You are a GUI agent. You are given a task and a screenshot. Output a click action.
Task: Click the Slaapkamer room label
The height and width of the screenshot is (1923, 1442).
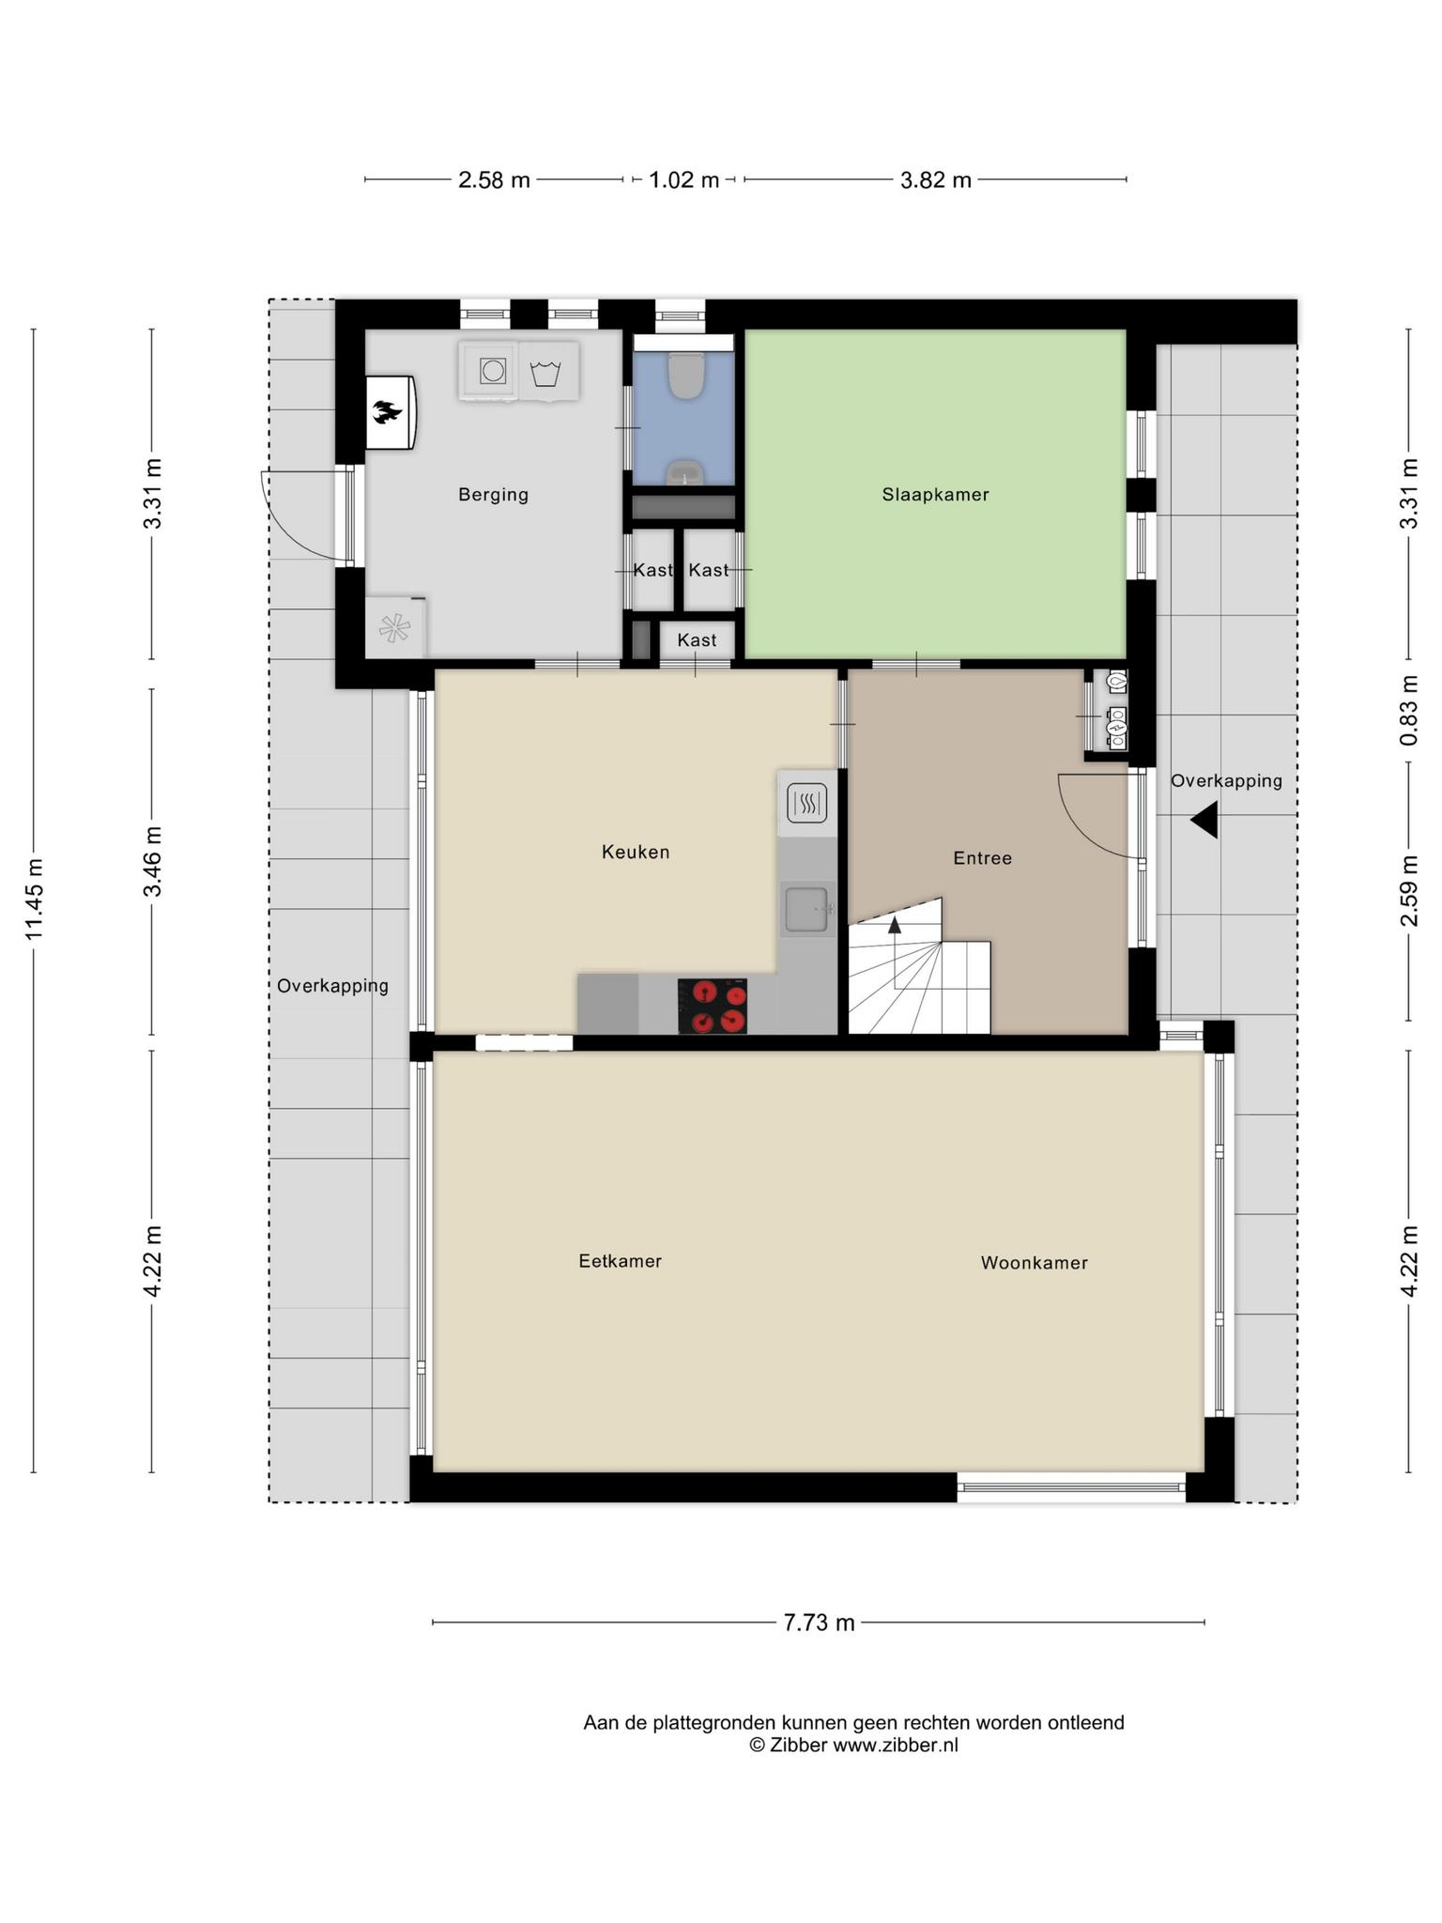pyautogui.click(x=935, y=495)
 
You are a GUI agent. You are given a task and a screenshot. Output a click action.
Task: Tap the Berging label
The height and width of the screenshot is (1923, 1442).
pyautogui.click(x=493, y=495)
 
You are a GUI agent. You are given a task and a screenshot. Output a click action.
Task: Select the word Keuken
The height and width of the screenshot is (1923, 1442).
pyautogui.click(x=636, y=853)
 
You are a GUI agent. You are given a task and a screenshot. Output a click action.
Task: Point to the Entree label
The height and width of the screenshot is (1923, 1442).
pyautogui.click(x=982, y=858)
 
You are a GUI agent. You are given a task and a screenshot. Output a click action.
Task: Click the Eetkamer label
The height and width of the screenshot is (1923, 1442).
pyautogui.click(x=620, y=1261)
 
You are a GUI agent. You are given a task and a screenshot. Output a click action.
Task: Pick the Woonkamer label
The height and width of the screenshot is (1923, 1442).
pyautogui.click(x=1034, y=1263)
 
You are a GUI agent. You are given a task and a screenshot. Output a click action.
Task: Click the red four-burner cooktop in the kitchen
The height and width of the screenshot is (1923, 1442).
pyautogui.click(x=713, y=1006)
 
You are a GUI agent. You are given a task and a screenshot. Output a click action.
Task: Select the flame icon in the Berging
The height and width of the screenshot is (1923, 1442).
pyautogui.click(x=388, y=412)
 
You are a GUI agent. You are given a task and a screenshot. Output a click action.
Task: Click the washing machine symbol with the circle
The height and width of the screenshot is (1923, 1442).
pyautogui.click(x=492, y=371)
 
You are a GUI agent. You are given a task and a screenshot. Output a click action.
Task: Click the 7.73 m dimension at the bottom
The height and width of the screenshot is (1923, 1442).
pyautogui.click(x=819, y=1623)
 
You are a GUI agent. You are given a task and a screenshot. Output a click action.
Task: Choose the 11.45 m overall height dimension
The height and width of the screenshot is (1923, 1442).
pyautogui.click(x=34, y=900)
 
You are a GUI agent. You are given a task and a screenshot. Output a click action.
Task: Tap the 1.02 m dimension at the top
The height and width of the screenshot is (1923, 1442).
pyautogui.click(x=683, y=179)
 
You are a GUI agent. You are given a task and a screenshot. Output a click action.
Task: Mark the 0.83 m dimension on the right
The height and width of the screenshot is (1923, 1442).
pyautogui.click(x=1408, y=711)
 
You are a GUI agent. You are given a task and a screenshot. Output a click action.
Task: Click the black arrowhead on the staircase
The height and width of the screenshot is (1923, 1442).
pyautogui.click(x=895, y=925)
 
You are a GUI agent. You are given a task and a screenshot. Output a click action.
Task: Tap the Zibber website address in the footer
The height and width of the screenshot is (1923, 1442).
pyautogui.click(x=896, y=1745)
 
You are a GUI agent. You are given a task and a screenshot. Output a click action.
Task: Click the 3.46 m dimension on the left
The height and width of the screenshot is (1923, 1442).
pyautogui.click(x=152, y=862)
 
